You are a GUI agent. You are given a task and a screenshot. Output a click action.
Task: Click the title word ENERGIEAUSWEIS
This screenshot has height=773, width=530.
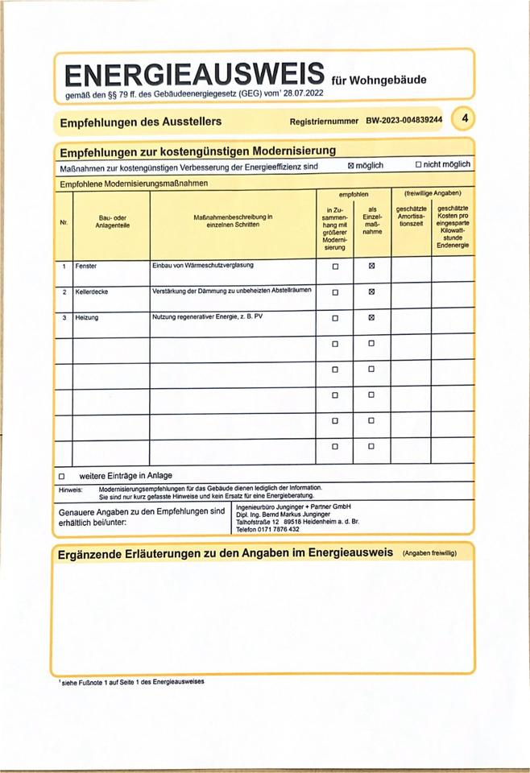(194, 76)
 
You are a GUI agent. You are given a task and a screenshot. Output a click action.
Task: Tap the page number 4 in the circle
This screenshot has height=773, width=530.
(464, 118)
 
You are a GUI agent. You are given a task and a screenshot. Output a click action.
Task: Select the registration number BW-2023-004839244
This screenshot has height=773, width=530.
(404, 120)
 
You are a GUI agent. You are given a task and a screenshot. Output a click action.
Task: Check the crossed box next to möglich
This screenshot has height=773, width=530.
(350, 165)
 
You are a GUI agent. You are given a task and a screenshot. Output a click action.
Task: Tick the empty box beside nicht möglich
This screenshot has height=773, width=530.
(418, 164)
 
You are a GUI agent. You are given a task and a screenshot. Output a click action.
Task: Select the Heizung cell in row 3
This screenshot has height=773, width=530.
(86, 318)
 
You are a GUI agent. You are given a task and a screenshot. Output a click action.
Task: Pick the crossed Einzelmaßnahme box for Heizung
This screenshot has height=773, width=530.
(371, 318)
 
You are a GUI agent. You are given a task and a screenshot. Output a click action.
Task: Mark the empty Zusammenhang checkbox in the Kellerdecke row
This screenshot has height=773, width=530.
(335, 292)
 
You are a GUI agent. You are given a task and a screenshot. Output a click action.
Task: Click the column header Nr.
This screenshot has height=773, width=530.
(64, 222)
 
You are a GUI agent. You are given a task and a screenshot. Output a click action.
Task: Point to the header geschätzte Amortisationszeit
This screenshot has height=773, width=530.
(411, 217)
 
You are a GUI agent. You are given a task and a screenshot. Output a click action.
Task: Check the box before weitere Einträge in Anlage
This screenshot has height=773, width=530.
(62, 476)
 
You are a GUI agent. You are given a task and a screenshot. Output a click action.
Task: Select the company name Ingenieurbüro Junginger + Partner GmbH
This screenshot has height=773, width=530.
(294, 507)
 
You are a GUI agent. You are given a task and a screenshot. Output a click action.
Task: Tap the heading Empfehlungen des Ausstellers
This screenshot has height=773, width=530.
(141, 122)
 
